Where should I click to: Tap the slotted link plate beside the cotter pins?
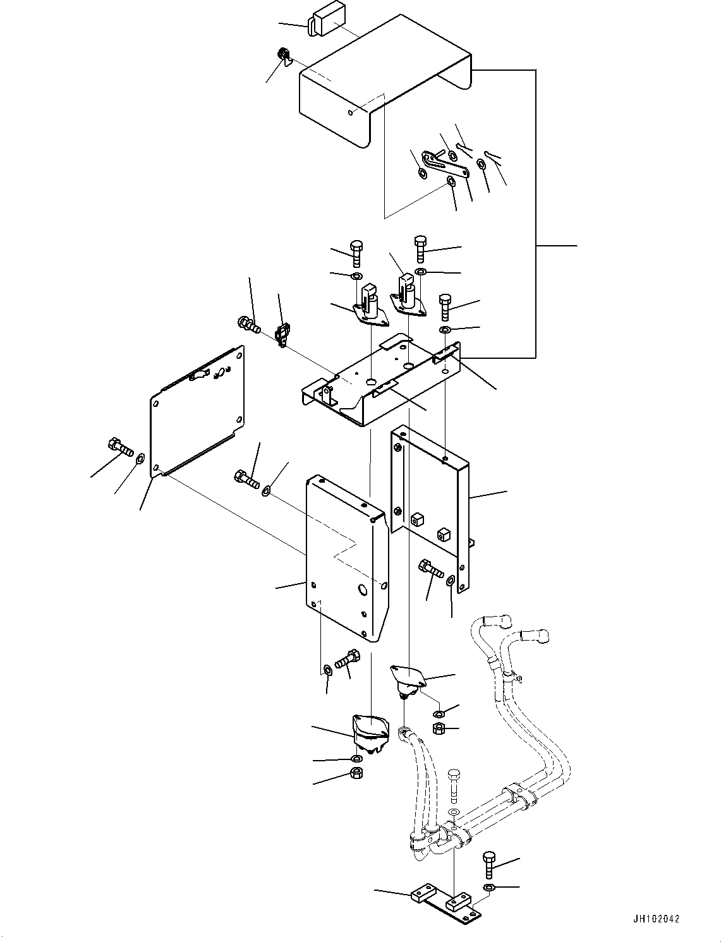tap(445, 164)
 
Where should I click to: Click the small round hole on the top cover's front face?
tap(351, 112)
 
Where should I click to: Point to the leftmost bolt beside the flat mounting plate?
tap(120, 447)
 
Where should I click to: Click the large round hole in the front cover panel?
tap(363, 589)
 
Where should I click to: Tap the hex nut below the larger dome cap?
tap(357, 773)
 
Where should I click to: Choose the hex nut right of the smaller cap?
tap(438, 728)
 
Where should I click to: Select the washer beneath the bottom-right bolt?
tap(490, 889)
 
